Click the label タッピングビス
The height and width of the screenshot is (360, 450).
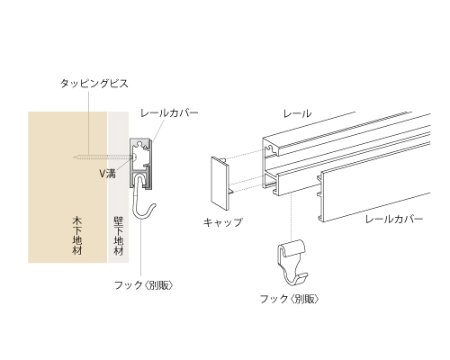point(94,84)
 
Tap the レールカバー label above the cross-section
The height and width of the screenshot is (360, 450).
point(169,113)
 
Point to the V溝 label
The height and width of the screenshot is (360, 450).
point(107,174)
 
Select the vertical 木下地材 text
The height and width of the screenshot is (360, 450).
point(77,236)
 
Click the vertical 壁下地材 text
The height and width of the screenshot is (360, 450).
point(119,236)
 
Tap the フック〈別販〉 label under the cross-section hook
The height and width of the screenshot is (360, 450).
point(144,285)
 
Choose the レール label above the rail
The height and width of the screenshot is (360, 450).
point(297,113)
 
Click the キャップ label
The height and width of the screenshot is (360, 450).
point(222,222)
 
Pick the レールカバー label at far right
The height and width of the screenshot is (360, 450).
point(394,219)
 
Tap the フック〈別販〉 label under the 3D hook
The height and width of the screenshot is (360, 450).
point(289,299)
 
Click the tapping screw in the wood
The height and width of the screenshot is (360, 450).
point(103,157)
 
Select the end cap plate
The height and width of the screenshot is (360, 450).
point(220,183)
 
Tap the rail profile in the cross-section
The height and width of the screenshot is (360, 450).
point(140,163)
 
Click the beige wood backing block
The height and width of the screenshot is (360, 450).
point(67,187)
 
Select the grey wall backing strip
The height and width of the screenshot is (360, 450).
point(119,187)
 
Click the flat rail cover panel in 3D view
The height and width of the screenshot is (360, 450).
point(375,196)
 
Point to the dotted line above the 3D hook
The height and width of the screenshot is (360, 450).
point(291,216)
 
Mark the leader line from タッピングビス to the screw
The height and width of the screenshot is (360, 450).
point(89,122)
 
